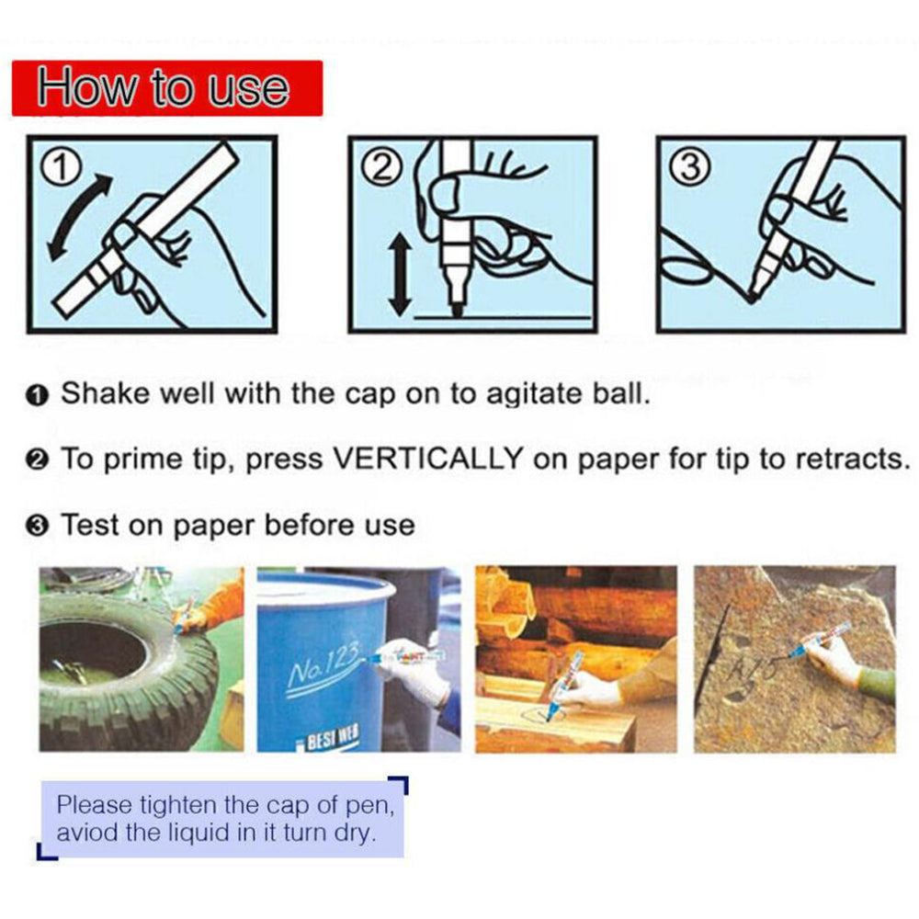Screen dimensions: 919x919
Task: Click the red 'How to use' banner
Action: [167, 88]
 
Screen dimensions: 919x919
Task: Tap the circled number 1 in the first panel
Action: [61, 168]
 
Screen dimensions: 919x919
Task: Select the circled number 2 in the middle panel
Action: [383, 168]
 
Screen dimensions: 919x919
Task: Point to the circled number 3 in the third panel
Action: [690, 168]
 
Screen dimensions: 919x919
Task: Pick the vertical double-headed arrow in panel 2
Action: [401, 274]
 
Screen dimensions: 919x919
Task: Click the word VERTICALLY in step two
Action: [428, 458]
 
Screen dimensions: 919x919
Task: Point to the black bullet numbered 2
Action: [37, 460]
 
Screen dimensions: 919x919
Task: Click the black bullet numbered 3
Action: [37, 527]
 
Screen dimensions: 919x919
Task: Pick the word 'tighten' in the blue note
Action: [179, 805]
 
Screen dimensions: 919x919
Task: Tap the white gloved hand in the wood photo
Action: [589, 690]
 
